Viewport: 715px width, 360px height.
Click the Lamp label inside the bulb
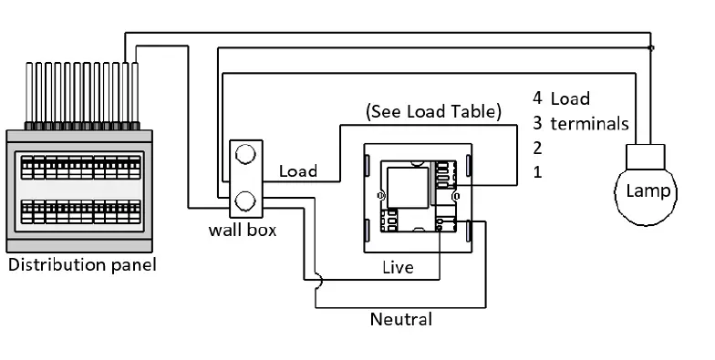coord(648,191)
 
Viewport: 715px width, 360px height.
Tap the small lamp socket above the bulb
coord(648,158)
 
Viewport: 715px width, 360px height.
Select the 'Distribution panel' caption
coord(82,266)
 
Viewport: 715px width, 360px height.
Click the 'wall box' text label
coord(243,231)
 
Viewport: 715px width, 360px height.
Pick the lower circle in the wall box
coord(244,200)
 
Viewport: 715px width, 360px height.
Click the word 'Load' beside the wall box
coord(297,170)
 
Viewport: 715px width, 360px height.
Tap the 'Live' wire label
coord(397,268)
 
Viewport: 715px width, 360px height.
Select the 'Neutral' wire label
coord(400,320)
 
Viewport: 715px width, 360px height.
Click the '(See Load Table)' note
coord(433,112)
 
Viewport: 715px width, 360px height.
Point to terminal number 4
coord(538,98)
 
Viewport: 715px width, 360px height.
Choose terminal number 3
coord(538,123)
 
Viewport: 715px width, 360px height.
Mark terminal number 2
coord(538,148)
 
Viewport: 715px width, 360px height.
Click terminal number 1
coord(538,172)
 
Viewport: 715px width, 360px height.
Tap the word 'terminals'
coord(589,123)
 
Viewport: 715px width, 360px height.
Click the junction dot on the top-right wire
coord(649,47)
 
